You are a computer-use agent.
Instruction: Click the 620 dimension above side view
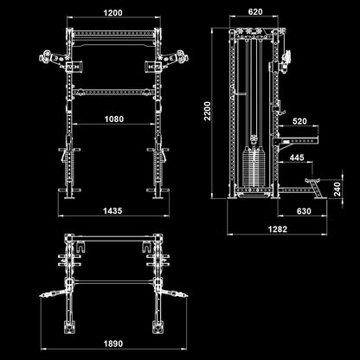click(254, 13)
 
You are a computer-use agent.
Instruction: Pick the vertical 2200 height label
click(205, 110)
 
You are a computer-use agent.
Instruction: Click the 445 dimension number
click(296, 157)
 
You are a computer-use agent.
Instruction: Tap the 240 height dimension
click(338, 189)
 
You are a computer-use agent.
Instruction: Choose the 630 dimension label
click(303, 210)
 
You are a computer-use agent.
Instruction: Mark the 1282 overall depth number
click(277, 229)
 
